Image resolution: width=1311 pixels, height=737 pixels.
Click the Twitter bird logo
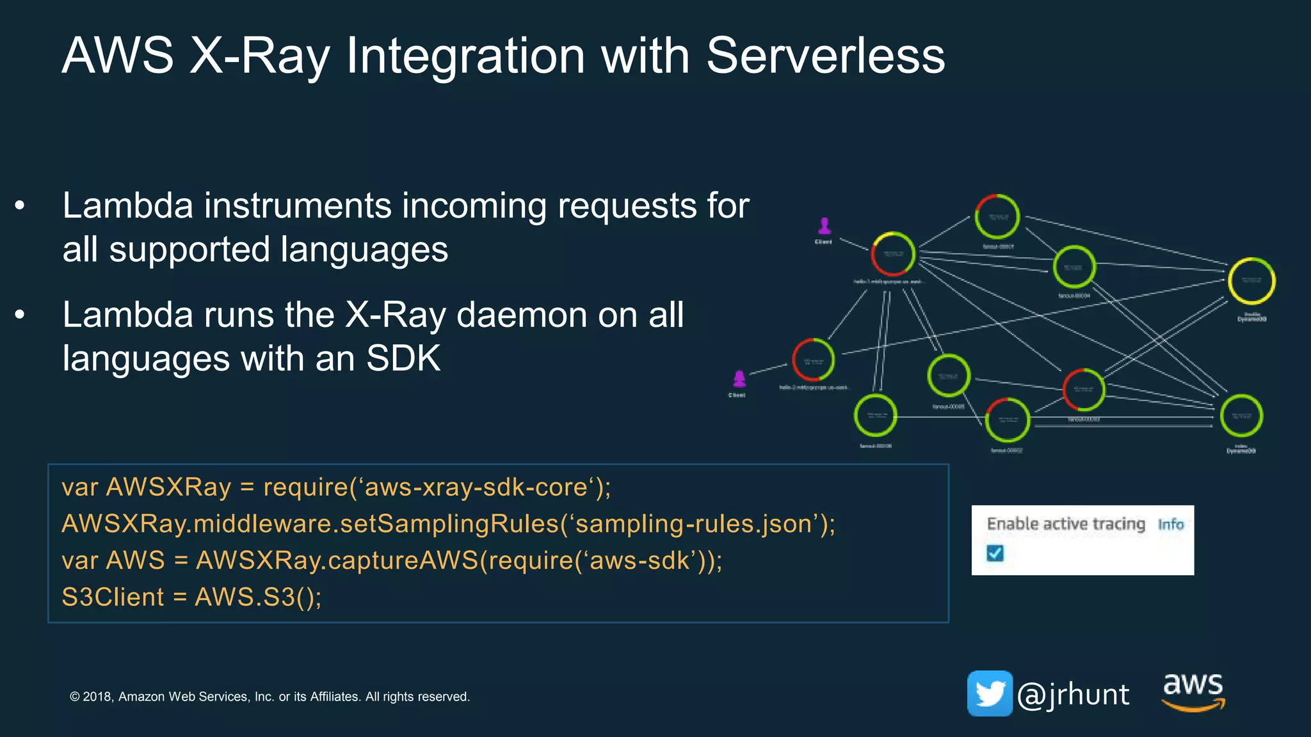(x=990, y=693)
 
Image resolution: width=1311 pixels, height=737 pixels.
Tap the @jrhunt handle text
(x=1074, y=695)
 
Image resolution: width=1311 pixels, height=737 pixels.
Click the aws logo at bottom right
(x=1193, y=691)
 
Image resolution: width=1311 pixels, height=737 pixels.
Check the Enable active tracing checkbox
(x=995, y=553)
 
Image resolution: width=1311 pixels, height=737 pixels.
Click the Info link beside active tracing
(x=1170, y=525)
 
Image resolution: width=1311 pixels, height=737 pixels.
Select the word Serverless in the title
(x=825, y=56)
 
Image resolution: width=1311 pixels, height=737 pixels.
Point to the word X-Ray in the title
(x=259, y=56)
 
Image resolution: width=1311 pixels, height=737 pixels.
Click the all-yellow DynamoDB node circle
(x=1251, y=281)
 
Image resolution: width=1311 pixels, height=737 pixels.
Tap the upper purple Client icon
(x=824, y=226)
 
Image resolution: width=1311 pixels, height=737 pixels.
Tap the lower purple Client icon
(x=739, y=379)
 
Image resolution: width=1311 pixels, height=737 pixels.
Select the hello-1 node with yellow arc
(x=893, y=254)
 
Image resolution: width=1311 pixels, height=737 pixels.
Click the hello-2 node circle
(x=813, y=360)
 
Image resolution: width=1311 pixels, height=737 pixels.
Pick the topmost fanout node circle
(x=997, y=217)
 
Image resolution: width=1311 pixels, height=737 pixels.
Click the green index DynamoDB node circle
(x=1241, y=416)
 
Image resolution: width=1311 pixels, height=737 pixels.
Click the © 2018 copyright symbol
(x=75, y=697)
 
